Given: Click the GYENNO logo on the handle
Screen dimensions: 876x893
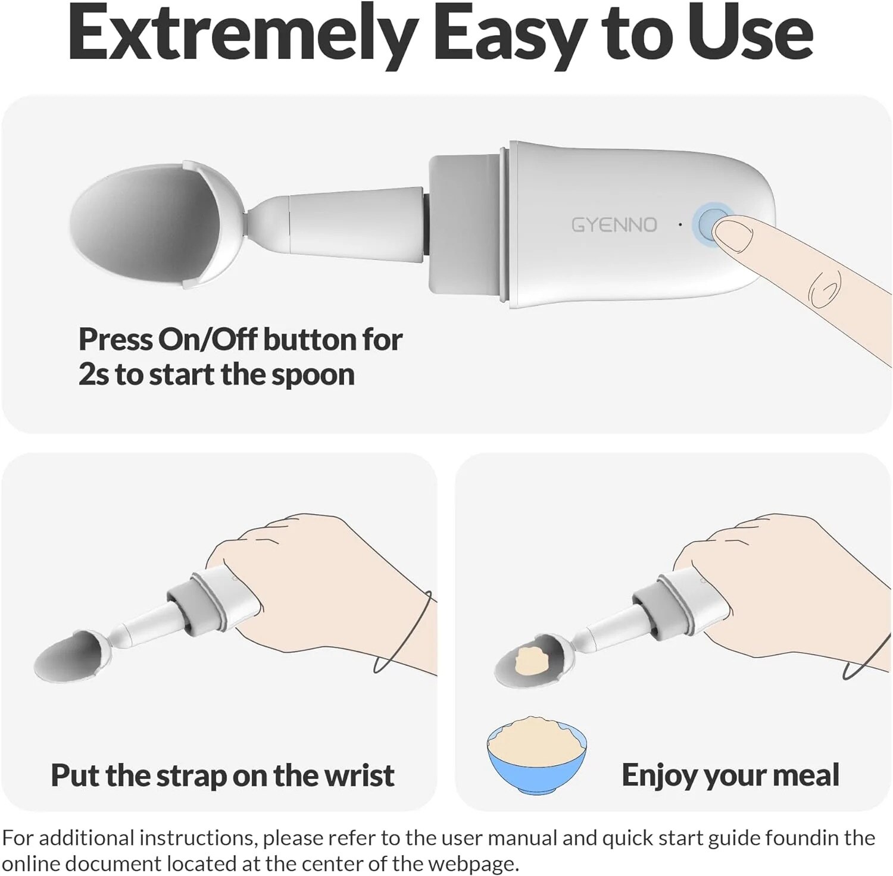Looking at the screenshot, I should tap(614, 225).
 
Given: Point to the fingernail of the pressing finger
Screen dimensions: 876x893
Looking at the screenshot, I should tap(733, 234).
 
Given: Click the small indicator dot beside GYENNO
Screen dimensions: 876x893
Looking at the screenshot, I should tap(680, 225).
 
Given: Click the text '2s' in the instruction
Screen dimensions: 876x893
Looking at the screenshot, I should tap(93, 375).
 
